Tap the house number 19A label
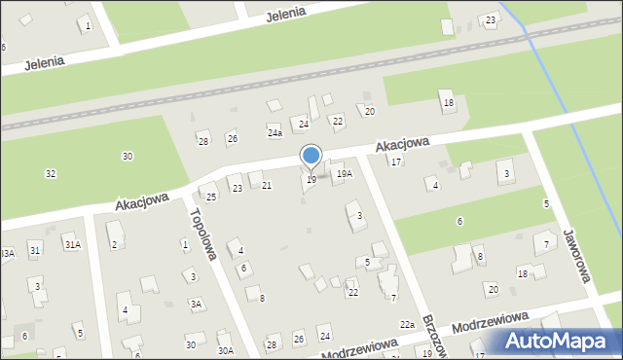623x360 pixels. (344, 173)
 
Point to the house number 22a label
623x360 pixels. (407, 325)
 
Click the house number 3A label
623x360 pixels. (196, 305)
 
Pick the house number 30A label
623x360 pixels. (225, 350)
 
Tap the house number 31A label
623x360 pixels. (72, 244)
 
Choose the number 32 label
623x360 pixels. (51, 173)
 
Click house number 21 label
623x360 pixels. (267, 185)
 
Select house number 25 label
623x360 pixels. (211, 198)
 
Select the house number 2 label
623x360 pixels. (114, 244)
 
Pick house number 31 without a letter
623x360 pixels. (35, 250)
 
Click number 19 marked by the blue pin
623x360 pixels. (311, 180)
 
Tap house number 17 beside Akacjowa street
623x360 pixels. (396, 162)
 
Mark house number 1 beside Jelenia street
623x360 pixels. (89, 25)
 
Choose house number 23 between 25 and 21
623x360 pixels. (238, 188)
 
